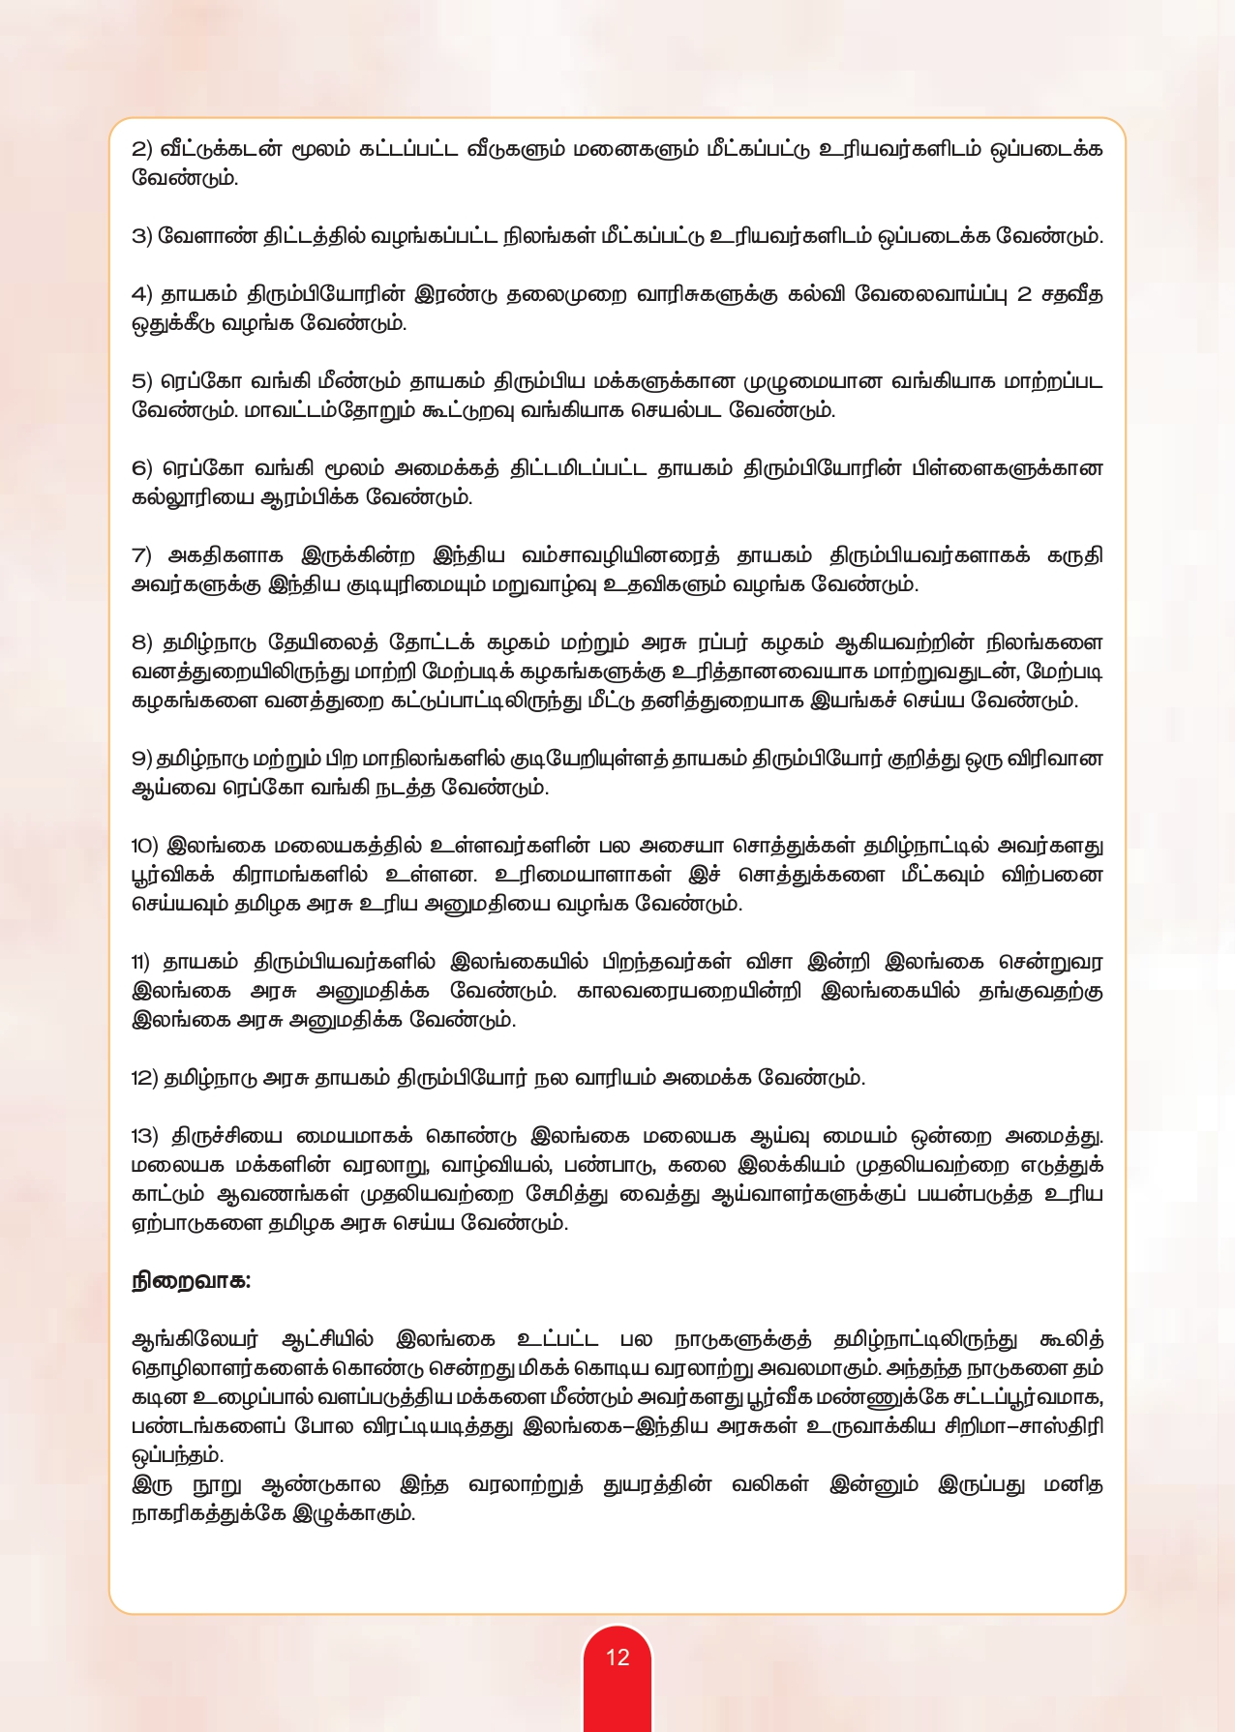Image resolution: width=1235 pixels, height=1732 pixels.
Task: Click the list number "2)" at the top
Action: (x=142, y=149)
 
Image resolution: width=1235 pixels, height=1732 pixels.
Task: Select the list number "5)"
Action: (x=142, y=381)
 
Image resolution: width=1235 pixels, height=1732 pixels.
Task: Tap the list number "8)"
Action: (x=142, y=642)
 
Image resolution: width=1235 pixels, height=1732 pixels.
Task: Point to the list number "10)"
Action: (x=145, y=846)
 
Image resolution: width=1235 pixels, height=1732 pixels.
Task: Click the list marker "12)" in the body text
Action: (x=145, y=1078)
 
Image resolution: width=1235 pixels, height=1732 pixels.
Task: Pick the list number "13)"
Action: (x=145, y=1136)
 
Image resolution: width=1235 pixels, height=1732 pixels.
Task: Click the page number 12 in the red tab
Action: (x=617, y=1657)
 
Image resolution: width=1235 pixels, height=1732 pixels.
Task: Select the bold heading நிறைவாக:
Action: (x=192, y=1281)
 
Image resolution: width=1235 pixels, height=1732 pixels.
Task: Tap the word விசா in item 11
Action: (x=769, y=962)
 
